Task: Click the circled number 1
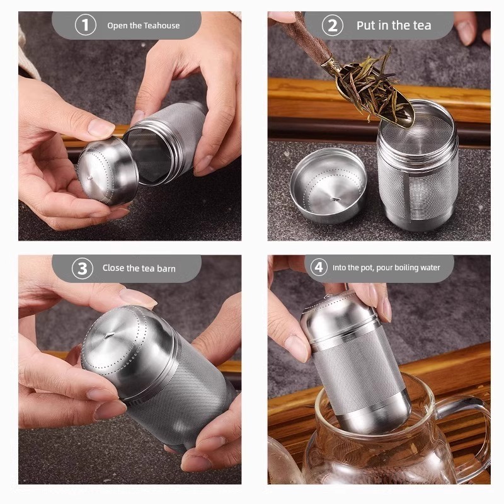(86, 25)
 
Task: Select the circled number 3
(82, 268)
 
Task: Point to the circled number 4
(319, 267)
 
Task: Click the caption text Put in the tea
(394, 25)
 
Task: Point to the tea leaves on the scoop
(369, 85)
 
